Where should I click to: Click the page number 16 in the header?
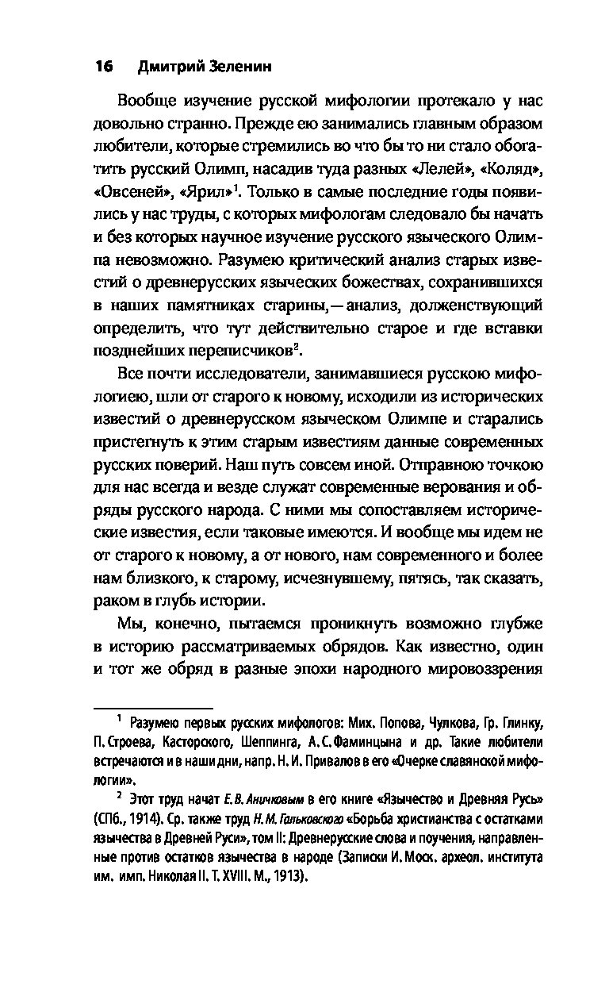[x=104, y=67]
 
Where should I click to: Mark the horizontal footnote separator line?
[x=152, y=706]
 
